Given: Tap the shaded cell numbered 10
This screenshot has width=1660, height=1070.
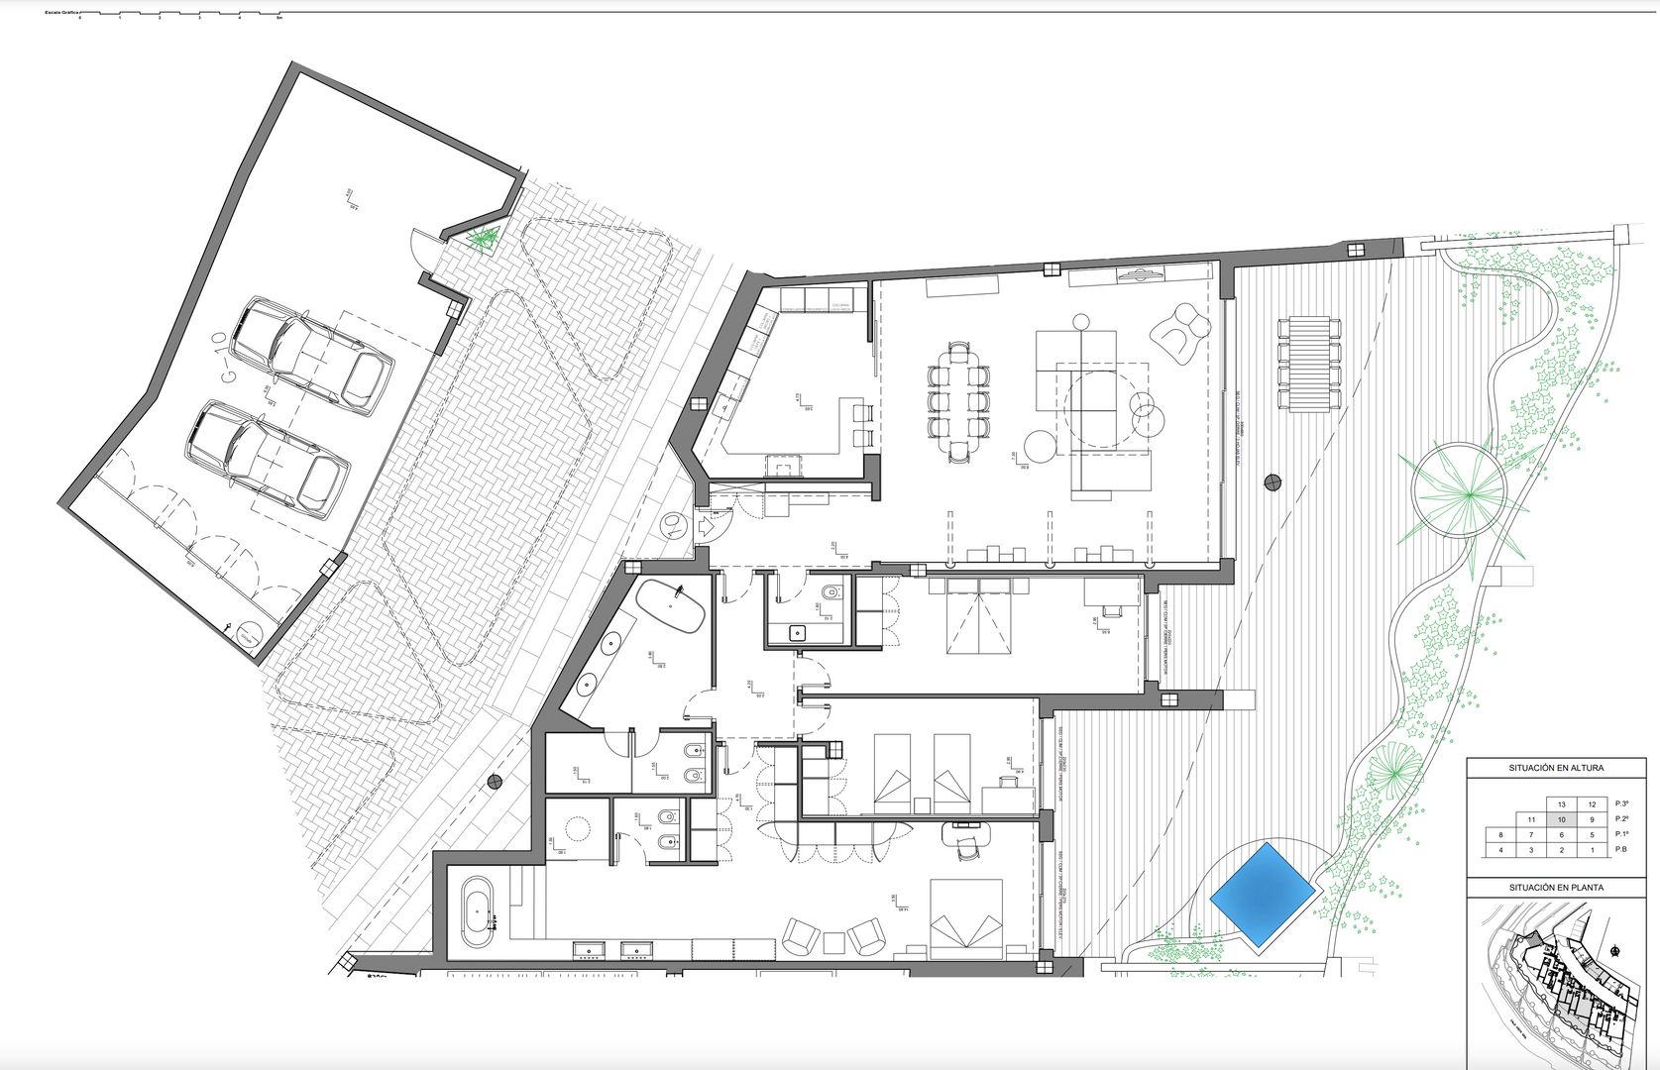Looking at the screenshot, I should pos(1561,818).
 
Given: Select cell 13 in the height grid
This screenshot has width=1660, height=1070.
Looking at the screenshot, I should pos(1561,803).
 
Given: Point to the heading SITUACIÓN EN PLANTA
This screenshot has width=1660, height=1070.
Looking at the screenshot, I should pos(1555,888).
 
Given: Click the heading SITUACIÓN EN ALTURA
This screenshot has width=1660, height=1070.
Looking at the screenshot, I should pos(1555,768).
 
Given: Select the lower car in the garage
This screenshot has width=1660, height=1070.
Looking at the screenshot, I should pos(268,458).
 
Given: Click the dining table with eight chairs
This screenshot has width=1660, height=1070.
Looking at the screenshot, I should pos(958,401).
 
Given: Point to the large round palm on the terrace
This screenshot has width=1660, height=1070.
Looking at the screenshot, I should pos(1460,487).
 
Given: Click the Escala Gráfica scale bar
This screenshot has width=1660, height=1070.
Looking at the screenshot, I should pos(178,17).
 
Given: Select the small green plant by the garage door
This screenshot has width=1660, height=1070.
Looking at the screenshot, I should pos(485,239).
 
